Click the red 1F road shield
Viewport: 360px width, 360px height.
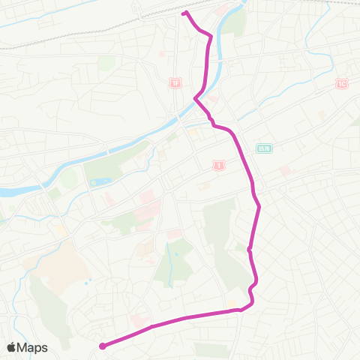(176, 83)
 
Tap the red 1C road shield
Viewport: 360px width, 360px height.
(341, 83)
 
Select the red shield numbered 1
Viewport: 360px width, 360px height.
(219, 164)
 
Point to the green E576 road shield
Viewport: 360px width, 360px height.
(263, 148)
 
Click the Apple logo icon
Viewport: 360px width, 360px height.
(13, 347)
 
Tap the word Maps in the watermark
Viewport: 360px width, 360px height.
(33, 347)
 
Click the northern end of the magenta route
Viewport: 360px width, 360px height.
(184, 13)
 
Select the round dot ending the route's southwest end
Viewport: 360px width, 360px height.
(102, 346)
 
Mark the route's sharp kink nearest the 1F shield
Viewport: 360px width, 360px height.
(196, 97)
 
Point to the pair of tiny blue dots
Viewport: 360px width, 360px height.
(89, 283)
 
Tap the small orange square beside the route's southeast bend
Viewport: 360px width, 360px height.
(232, 304)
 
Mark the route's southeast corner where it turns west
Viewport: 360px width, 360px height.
(251, 301)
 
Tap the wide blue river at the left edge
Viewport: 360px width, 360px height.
(10, 192)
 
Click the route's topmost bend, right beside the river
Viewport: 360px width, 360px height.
(211, 36)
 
